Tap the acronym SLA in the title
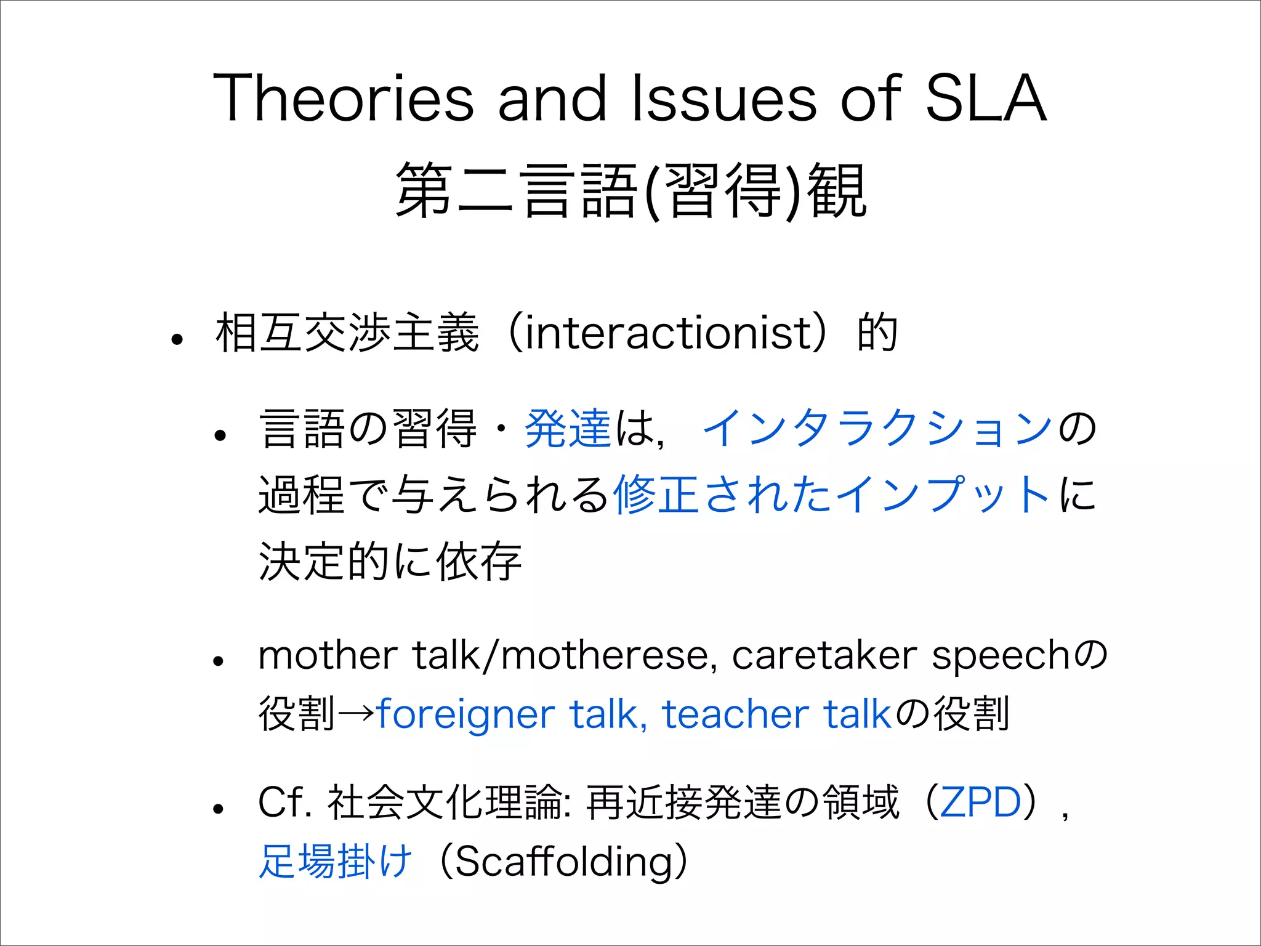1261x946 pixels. click(x=985, y=99)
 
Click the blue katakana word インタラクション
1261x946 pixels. click(x=877, y=429)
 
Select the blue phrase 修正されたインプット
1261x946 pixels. click(x=831, y=495)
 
